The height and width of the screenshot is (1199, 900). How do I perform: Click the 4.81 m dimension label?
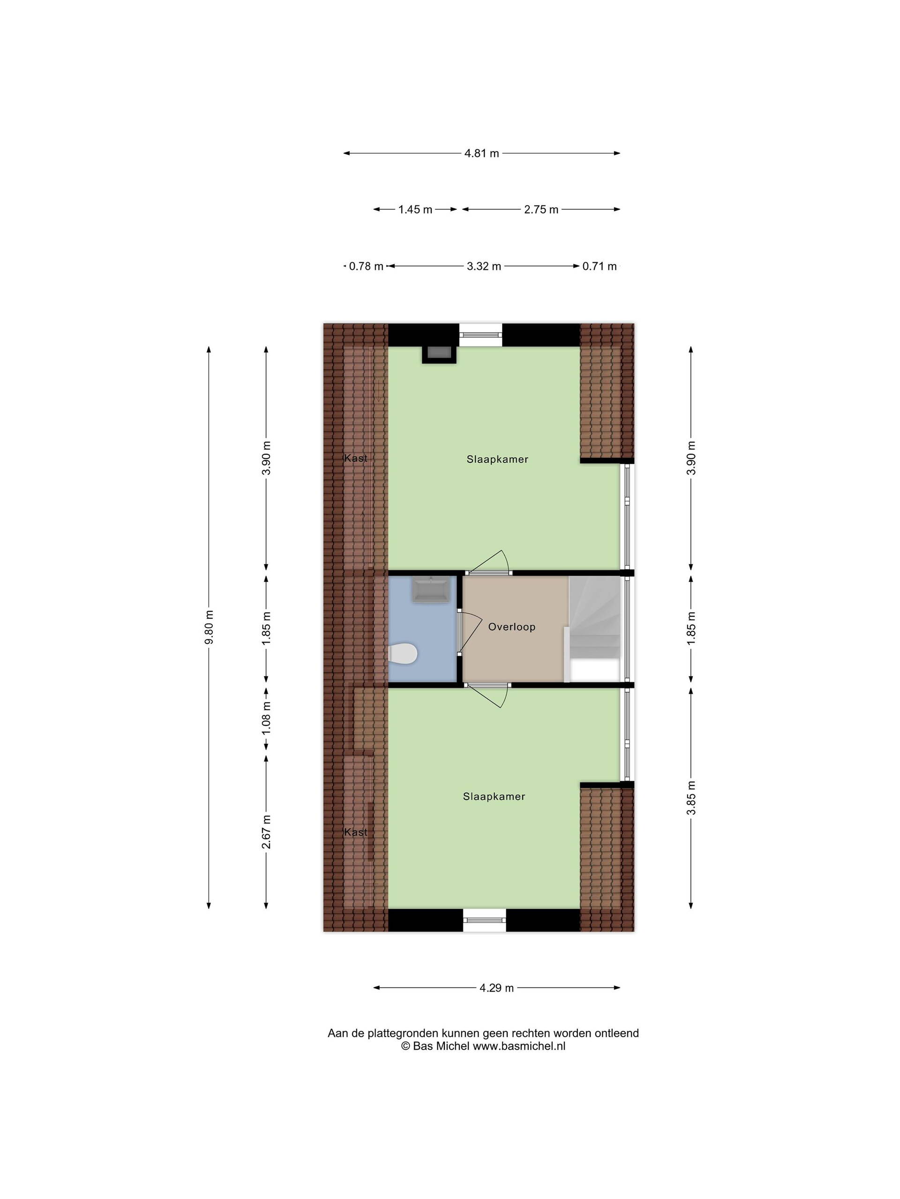pyautogui.click(x=475, y=151)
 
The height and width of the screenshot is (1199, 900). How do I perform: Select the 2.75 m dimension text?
pyautogui.click(x=534, y=207)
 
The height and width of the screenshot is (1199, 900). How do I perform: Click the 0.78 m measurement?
pyautogui.click(x=361, y=263)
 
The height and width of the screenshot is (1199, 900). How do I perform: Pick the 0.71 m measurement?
pyautogui.click(x=592, y=263)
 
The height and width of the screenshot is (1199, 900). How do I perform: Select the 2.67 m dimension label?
pyautogui.click(x=262, y=822)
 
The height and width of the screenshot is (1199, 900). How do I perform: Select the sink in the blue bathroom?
pyautogui.click(x=424, y=582)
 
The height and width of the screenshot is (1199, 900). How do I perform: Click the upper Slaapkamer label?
pyautogui.click(x=491, y=454)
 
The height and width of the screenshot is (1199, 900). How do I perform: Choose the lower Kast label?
pyautogui.click(x=351, y=822)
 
